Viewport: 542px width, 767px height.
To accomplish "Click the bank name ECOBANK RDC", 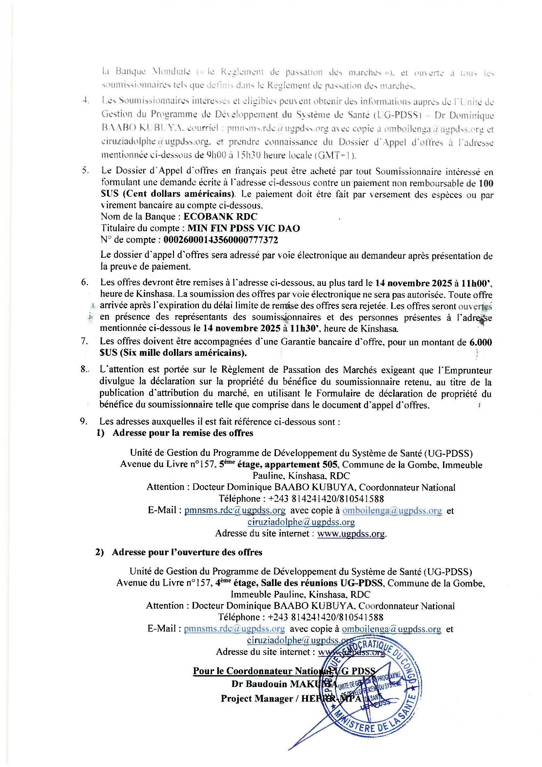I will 220,216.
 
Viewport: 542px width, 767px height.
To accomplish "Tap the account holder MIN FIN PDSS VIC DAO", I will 243,228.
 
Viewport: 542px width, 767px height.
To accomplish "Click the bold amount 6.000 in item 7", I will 480,342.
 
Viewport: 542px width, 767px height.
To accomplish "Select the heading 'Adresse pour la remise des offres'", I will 183,433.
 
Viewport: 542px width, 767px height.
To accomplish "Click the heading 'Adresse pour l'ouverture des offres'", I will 187,552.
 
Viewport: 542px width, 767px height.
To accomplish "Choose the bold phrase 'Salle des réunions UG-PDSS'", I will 323,583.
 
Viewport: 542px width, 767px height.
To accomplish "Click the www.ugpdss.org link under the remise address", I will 351,534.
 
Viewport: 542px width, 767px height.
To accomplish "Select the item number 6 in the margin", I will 85,282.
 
